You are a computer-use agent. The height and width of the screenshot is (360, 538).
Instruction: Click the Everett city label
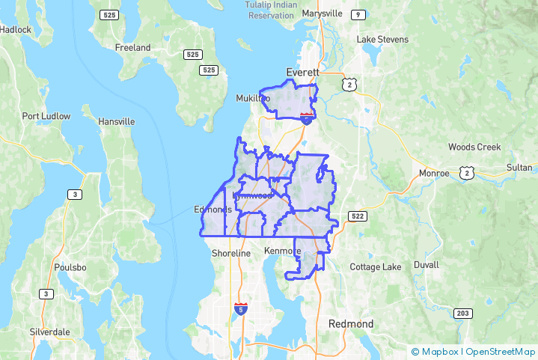(x=302, y=72)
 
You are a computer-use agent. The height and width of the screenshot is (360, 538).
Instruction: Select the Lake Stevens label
(x=382, y=39)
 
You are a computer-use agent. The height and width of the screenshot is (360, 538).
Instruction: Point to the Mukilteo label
(x=252, y=98)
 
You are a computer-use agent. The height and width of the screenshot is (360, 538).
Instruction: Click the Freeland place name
(x=132, y=47)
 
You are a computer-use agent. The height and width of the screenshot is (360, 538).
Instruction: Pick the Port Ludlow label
(x=46, y=116)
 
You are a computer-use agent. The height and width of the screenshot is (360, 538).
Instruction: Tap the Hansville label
(x=116, y=121)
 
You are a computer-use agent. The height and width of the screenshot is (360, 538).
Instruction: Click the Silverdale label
(x=49, y=331)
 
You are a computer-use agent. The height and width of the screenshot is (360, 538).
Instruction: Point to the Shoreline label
(x=231, y=254)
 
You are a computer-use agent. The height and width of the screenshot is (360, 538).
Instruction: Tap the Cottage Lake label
(x=376, y=267)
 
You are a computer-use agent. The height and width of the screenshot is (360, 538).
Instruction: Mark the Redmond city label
(x=351, y=323)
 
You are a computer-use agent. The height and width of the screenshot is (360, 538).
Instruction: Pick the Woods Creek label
(x=474, y=147)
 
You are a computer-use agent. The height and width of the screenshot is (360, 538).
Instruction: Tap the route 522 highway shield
(x=358, y=216)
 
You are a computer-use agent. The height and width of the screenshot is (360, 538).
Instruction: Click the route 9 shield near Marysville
(x=359, y=15)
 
